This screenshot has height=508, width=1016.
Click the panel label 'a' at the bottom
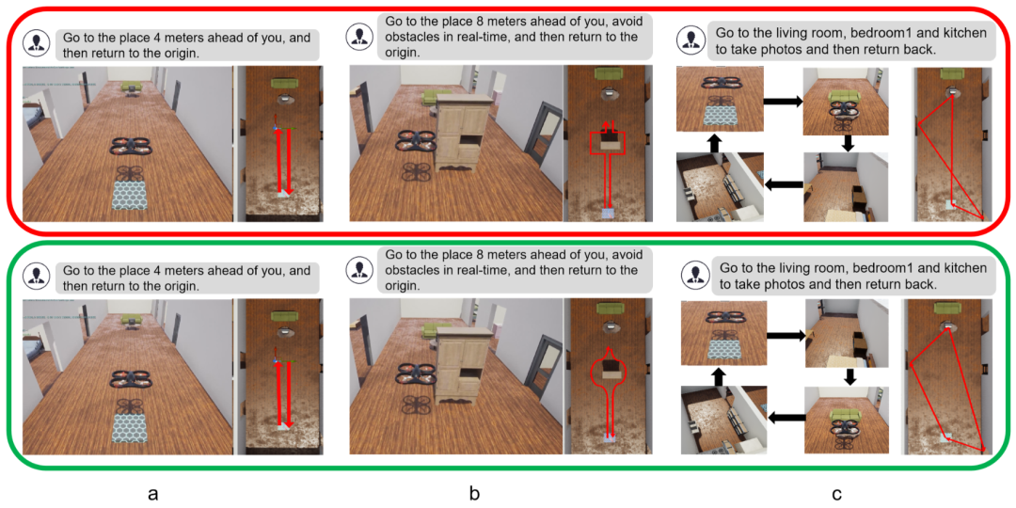click(x=153, y=495)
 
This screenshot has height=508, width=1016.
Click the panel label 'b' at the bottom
click(x=475, y=493)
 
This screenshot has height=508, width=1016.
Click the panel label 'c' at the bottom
click(x=837, y=495)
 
